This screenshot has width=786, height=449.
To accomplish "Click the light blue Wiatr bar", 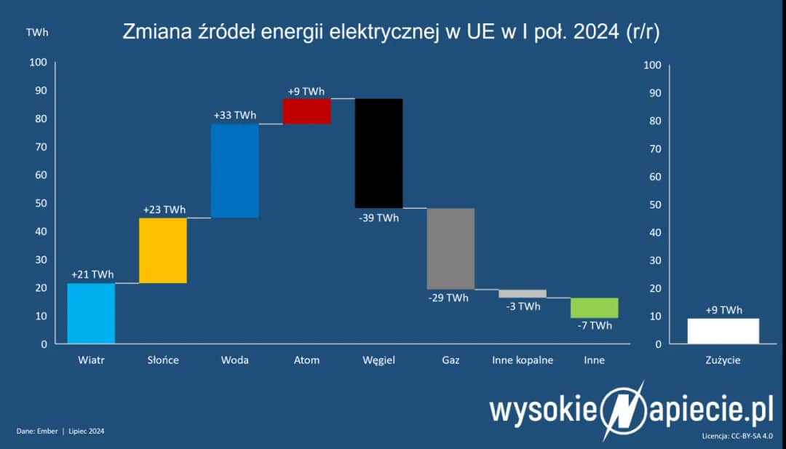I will (x=91, y=313).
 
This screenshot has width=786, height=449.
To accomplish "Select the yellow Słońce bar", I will (x=163, y=250).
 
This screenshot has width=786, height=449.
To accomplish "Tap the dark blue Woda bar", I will (x=234, y=171).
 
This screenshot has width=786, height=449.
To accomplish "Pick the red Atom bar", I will (x=306, y=111).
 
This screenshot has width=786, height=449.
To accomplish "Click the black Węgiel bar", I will (x=378, y=153).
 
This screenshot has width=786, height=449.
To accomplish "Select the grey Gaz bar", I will (x=450, y=248).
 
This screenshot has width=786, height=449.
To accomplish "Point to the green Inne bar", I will (x=594, y=307).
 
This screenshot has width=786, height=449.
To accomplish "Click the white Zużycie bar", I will (x=723, y=330).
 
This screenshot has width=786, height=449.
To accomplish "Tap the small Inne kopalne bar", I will (x=522, y=293).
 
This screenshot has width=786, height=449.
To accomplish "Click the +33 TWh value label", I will (x=234, y=116).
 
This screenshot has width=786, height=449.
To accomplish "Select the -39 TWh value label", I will (x=378, y=218).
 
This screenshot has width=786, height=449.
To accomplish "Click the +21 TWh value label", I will (x=92, y=274).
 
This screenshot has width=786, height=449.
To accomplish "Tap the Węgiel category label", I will (x=378, y=360).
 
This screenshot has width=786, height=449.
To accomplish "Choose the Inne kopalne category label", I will (x=523, y=360).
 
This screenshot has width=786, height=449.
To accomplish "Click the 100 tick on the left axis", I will (x=38, y=63).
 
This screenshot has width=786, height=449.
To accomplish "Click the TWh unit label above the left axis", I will (x=38, y=33).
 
